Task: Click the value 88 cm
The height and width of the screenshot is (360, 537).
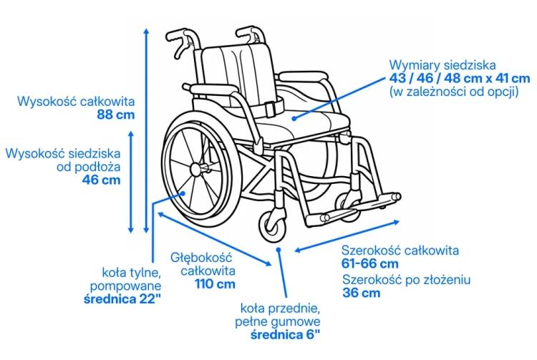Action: [116, 115]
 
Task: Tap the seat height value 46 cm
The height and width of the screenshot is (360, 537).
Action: [102, 180]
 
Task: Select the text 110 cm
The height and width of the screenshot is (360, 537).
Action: [215, 284]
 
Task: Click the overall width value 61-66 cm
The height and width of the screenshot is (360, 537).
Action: [370, 264]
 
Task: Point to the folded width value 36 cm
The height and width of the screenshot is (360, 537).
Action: [362, 293]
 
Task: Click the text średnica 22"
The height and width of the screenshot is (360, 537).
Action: [122, 299]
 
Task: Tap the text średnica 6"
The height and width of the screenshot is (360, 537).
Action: [285, 335]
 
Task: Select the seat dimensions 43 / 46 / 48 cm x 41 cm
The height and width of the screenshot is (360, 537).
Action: [460, 78]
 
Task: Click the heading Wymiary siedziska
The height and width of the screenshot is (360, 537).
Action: [442, 65]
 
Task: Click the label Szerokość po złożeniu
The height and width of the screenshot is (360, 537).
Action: [406, 280]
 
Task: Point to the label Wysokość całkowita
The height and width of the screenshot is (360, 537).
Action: [76, 102]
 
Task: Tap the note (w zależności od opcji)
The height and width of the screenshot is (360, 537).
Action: [454, 92]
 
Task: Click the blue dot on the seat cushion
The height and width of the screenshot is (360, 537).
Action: [294, 118]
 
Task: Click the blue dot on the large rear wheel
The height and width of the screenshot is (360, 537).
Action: [183, 193]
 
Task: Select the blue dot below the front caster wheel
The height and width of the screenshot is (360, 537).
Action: [279, 250]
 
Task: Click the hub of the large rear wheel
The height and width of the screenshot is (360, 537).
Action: [196, 169]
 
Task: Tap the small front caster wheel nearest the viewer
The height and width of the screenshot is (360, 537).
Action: [273, 227]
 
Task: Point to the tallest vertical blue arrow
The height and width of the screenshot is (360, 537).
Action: [146, 131]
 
